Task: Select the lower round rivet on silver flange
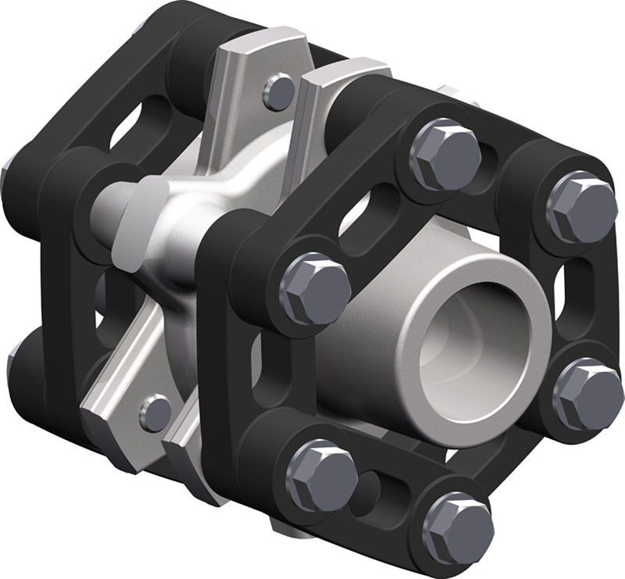[x=156, y=410]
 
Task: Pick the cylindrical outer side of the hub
[x=367, y=344]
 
